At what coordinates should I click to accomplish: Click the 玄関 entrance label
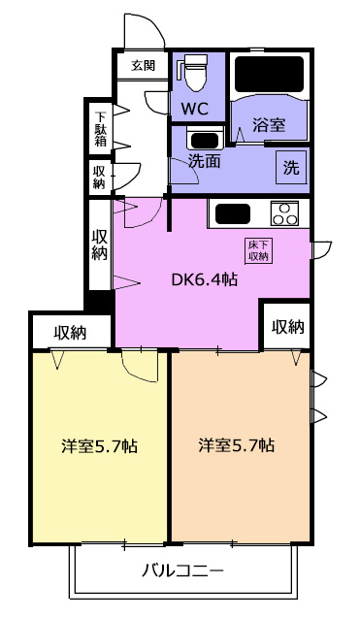pyautogui.click(x=143, y=65)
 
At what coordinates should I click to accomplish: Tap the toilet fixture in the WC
pyautogui.click(x=194, y=72)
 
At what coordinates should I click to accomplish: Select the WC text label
pyautogui.click(x=195, y=109)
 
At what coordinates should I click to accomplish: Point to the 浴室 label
pyautogui.click(x=269, y=125)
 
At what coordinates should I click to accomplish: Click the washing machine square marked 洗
pyautogui.click(x=291, y=168)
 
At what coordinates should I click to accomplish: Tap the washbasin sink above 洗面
pyautogui.click(x=205, y=140)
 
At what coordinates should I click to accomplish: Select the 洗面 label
pyautogui.click(x=204, y=161)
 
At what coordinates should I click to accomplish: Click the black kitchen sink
pyautogui.click(x=233, y=213)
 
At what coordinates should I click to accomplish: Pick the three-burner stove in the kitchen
pyautogui.click(x=284, y=213)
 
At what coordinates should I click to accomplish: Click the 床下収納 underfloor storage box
pyautogui.click(x=258, y=251)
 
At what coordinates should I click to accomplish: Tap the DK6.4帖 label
pyautogui.click(x=204, y=279)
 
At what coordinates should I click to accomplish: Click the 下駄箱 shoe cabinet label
pyautogui.click(x=100, y=128)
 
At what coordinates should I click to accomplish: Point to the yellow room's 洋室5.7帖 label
pyautogui.click(x=99, y=446)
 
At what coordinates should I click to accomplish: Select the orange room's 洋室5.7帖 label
pyautogui.click(x=236, y=445)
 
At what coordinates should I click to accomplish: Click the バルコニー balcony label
pyautogui.click(x=182, y=570)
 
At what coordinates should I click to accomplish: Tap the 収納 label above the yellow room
pyautogui.click(x=70, y=333)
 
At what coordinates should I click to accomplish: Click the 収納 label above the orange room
pyautogui.click(x=288, y=327)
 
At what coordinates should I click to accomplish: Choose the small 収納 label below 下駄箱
pyautogui.click(x=100, y=177)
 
